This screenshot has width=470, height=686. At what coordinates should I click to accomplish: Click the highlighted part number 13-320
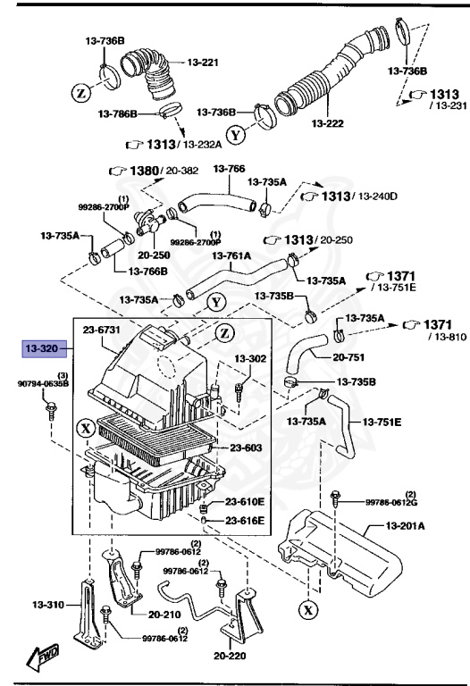tap(42, 349)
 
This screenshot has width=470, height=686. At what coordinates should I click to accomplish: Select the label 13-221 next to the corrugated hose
tap(203, 63)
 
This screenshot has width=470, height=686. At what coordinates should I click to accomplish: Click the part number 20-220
tap(231, 655)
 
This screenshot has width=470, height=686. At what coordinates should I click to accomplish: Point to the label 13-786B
tap(118, 114)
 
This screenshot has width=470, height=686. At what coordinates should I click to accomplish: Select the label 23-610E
tap(245, 502)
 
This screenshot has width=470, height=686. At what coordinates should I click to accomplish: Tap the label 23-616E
tap(245, 520)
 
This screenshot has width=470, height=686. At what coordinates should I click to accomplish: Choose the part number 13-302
tap(251, 358)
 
